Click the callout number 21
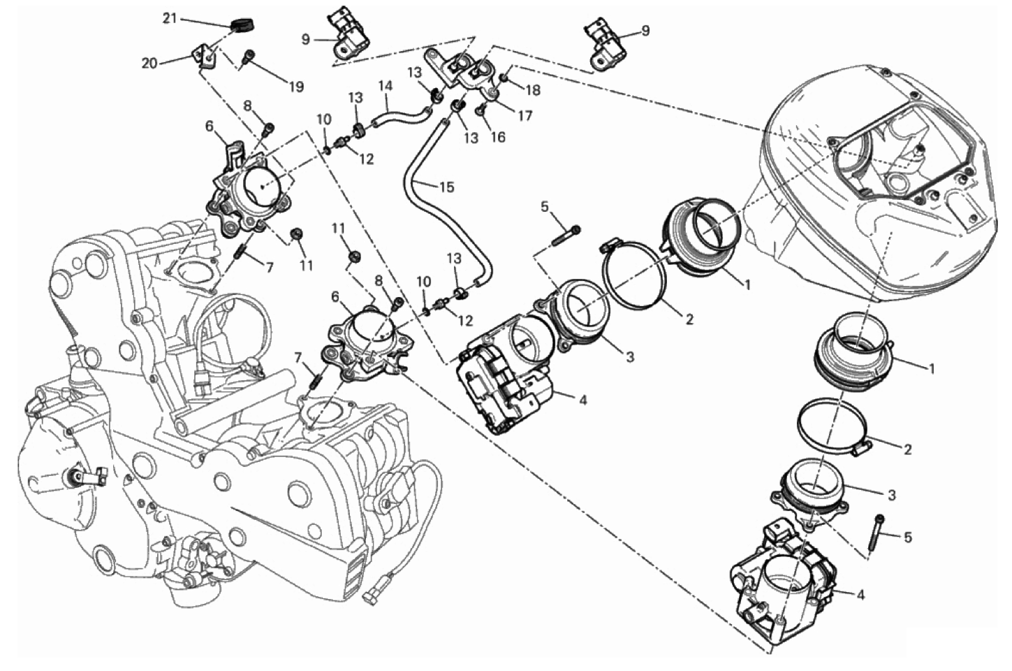click(x=170, y=20)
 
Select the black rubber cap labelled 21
click(x=242, y=24)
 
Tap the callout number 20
click(x=149, y=64)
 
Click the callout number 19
click(x=296, y=87)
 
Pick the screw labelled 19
click(x=247, y=59)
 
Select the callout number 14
click(x=386, y=85)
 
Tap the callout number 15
click(x=447, y=187)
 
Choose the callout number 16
click(x=498, y=137)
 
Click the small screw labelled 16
click(x=481, y=108)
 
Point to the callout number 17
click(x=525, y=116)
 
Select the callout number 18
click(x=533, y=90)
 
